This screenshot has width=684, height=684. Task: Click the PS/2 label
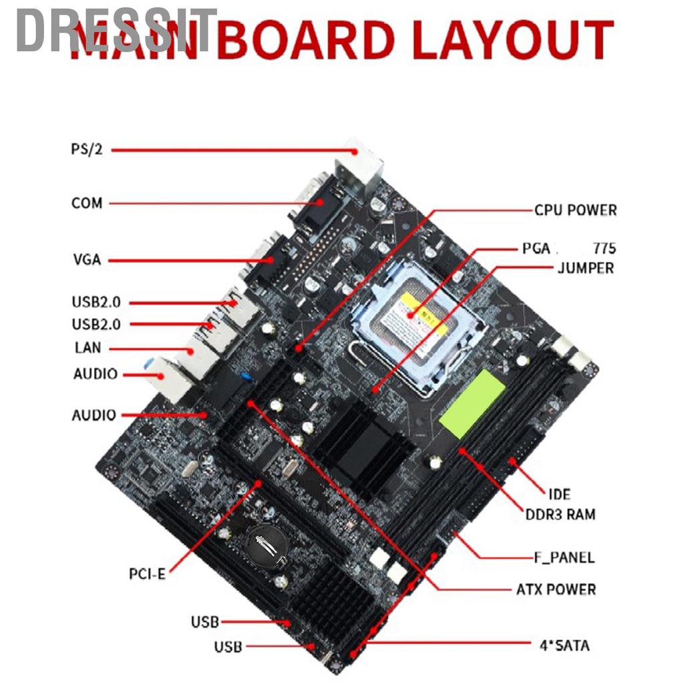[87, 149]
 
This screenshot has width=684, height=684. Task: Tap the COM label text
[87, 202]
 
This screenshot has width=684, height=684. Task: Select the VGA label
[86, 259]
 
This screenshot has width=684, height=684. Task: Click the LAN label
[88, 347]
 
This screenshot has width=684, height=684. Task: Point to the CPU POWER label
[575, 210]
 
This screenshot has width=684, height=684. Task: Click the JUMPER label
[585, 269]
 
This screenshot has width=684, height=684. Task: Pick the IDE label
[559, 494]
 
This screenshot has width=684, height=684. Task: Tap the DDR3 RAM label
[560, 514]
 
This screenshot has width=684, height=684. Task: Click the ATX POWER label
[556, 589]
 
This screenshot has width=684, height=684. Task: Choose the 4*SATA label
[564, 645]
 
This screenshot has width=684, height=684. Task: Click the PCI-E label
[147, 573]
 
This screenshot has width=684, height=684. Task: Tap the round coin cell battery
[265, 544]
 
